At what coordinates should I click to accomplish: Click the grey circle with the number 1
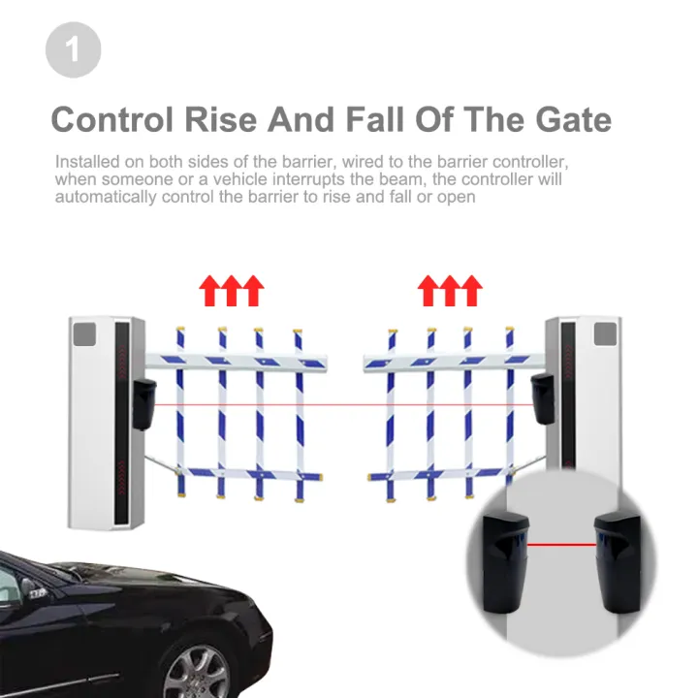tap(73, 49)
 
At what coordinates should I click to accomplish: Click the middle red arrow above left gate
tap(232, 289)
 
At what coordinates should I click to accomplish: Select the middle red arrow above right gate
tap(450, 289)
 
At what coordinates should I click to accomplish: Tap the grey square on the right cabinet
tap(605, 335)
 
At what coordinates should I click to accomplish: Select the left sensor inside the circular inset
tap(502, 563)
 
